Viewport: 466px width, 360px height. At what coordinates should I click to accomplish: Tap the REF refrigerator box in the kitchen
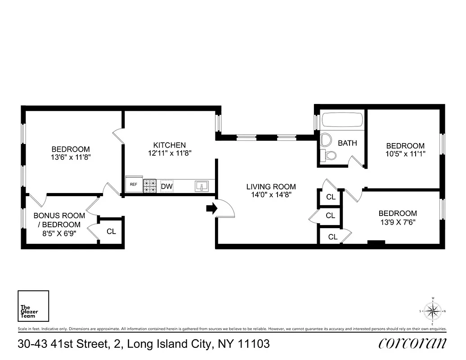point(134,184)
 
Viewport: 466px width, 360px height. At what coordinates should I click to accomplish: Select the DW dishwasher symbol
point(167,186)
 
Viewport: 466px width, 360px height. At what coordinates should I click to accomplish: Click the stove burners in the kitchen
point(150,185)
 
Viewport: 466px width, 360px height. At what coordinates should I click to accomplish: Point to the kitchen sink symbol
point(202,185)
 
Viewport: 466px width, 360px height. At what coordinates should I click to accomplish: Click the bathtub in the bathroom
point(342,121)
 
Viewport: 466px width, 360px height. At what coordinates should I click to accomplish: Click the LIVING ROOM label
point(271,186)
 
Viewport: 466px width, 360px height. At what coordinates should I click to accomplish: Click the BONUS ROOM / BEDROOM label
point(57,220)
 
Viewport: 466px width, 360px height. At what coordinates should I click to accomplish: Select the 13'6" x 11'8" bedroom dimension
point(70,158)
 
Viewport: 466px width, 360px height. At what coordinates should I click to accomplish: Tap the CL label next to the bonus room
point(112,231)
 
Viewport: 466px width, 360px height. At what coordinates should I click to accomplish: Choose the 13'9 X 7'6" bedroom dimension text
point(398,222)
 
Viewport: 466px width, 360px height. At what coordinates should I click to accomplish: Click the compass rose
point(432,310)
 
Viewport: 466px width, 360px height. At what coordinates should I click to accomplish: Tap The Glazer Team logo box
point(33,306)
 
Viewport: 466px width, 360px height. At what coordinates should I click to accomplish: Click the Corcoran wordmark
point(412,344)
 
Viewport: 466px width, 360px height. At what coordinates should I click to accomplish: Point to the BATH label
point(347,143)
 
